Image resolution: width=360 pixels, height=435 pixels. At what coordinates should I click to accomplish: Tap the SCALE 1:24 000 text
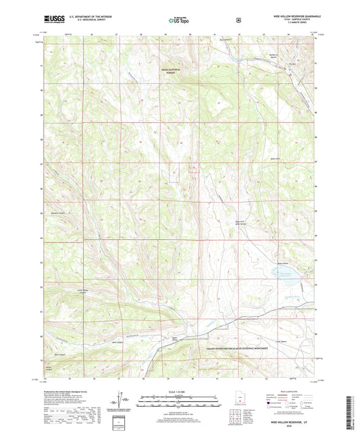(x=179, y=392)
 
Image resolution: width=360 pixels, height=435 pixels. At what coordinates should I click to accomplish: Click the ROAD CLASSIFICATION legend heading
(x=289, y=391)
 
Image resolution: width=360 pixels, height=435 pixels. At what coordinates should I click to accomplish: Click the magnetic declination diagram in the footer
(x=122, y=405)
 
